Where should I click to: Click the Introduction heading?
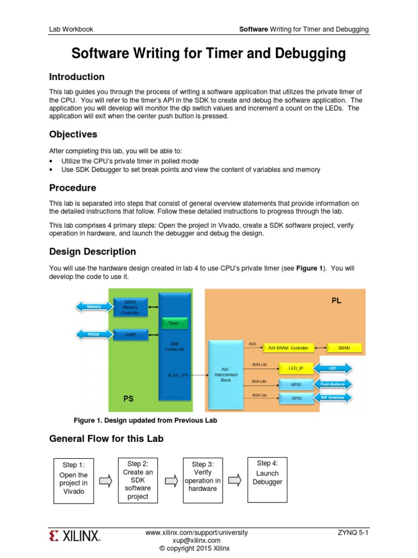pos(77,77)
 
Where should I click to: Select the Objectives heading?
pos(73,134)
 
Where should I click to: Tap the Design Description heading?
pos(93,252)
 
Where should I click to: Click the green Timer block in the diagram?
pos(173,324)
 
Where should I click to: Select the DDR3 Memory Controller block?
pos(131,307)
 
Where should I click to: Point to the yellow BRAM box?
pos(345,348)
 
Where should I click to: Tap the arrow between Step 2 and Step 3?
pos(171,480)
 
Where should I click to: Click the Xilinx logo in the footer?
pos(75,536)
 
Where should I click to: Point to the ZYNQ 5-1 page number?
pos(353,532)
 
